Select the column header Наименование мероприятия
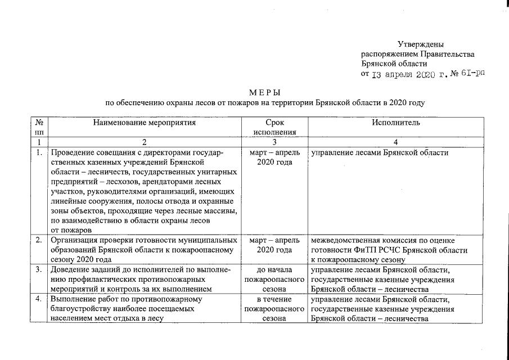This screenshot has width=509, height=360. pos(145,122)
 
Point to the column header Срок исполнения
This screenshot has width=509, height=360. pos(275,127)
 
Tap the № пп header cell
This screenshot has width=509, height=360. pos(39,127)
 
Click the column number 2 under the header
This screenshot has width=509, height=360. pos(145,142)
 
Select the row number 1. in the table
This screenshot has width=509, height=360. pos(39,152)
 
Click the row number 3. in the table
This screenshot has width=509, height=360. pos(39,269)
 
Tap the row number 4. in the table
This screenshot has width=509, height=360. pos(39,299)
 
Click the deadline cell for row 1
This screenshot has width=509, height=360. pos(275,157)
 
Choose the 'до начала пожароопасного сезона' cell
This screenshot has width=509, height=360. pos(275,279)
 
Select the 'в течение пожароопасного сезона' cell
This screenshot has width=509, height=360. pos(275,309)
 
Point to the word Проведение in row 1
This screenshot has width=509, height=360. pos(71,152)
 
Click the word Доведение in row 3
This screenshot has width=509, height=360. pos(70,269)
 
